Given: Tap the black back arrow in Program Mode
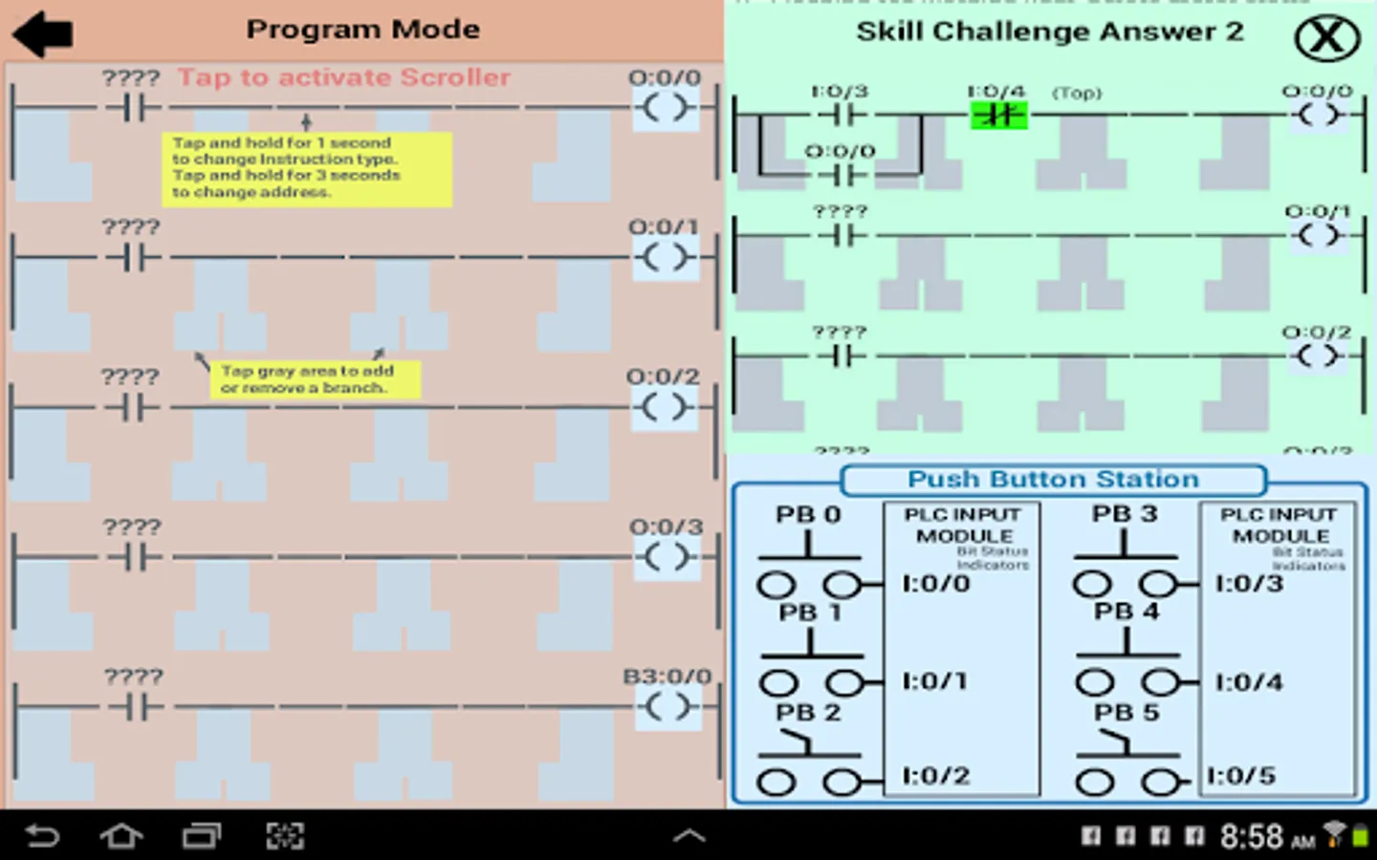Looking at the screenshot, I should click(43, 34).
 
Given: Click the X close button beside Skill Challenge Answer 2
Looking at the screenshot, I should click(1326, 38).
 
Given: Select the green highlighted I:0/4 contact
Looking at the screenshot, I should click(998, 116).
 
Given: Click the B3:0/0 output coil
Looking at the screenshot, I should click(667, 707).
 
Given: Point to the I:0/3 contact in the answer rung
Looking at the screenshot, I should click(841, 116).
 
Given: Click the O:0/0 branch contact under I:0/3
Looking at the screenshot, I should click(841, 175).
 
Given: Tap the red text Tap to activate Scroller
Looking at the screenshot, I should click(343, 77).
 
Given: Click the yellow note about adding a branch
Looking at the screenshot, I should click(315, 379).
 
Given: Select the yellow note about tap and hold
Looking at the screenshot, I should click(306, 168).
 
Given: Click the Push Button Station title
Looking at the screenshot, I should click(1053, 480).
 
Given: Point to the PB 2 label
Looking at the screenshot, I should click(808, 713).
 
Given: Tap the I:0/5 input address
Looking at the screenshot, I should click(1240, 776).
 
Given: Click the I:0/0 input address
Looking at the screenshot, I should click(935, 583).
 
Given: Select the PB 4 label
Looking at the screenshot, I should click(1126, 612).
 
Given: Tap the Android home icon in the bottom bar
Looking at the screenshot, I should click(121, 836).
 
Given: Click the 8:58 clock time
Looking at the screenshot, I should click(1252, 837).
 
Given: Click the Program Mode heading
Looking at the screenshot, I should click(362, 30).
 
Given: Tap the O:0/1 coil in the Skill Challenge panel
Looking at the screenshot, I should click(1319, 235).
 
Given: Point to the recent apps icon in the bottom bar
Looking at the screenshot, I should click(201, 836).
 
